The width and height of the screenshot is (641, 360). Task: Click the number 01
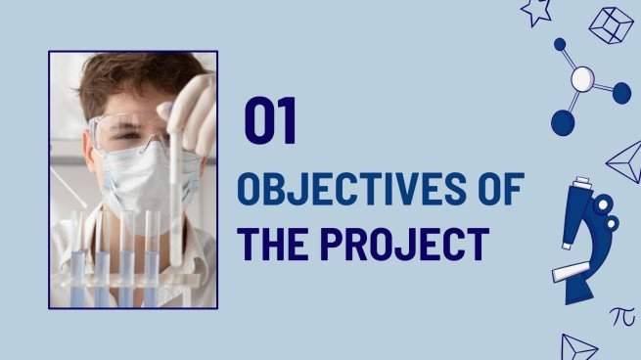[270, 122]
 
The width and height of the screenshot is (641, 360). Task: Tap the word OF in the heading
[498, 188]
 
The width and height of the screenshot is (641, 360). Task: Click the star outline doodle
[536, 11]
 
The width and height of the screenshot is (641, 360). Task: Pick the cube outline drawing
[611, 24]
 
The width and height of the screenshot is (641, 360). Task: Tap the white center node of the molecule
[582, 79]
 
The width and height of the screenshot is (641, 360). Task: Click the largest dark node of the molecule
[563, 122]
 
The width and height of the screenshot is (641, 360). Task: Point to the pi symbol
[621, 315]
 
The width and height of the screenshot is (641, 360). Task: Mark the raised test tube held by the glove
[175, 196]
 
